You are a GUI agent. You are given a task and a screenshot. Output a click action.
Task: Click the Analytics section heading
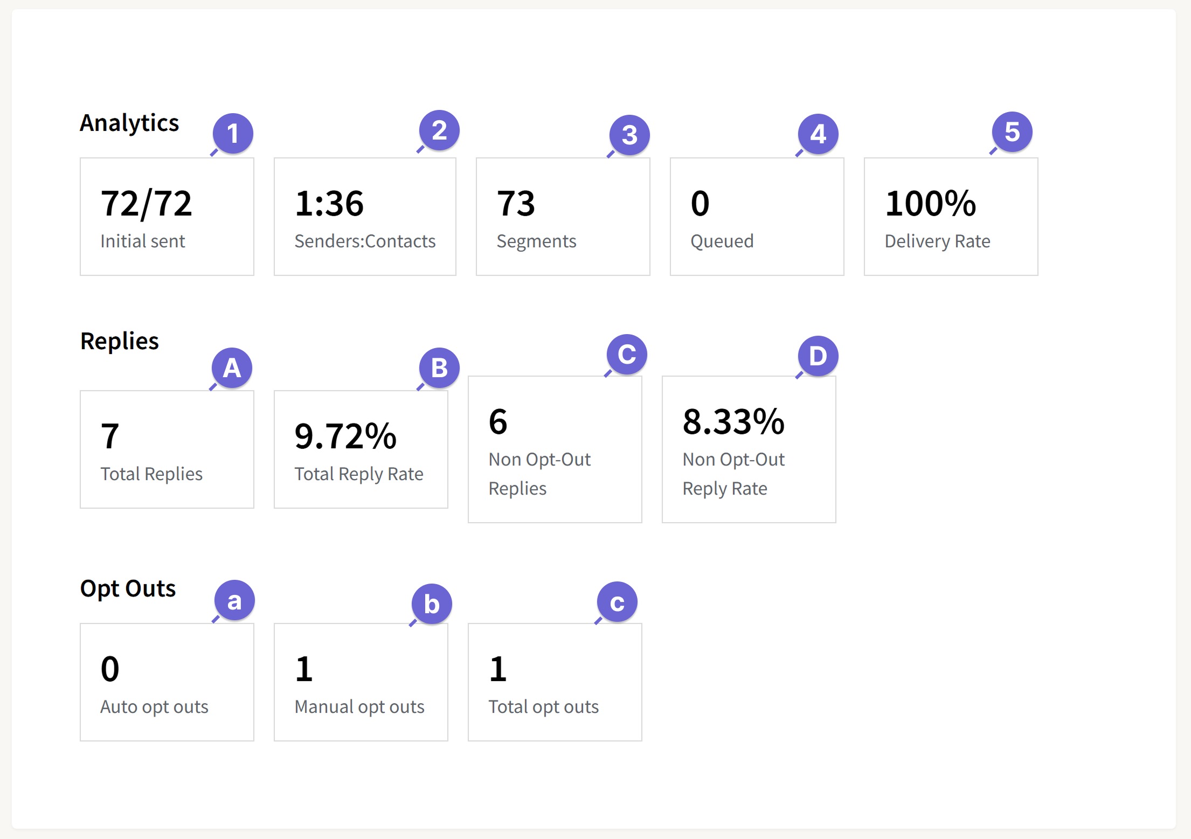[x=129, y=123]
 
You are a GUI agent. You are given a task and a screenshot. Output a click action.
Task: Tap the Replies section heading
[x=120, y=341]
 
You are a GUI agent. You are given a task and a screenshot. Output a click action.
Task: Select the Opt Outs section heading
[x=128, y=588]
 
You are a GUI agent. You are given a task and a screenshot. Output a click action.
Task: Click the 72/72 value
[x=146, y=204]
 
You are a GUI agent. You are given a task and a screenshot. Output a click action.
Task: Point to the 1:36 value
[x=329, y=204]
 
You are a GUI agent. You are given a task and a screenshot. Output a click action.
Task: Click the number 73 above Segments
[x=516, y=204]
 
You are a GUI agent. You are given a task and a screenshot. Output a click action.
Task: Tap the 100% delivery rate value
[x=930, y=204]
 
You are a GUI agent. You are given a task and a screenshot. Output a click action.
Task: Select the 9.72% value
[x=345, y=436]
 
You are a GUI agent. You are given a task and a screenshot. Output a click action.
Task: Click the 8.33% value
[x=733, y=422]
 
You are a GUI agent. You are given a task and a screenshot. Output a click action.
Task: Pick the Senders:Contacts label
[x=365, y=241]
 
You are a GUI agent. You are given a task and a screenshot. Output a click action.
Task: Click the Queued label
[x=722, y=241]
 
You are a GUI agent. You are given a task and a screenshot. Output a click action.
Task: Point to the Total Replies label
[x=151, y=474]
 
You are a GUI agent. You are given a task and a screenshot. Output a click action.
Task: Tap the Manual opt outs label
[x=359, y=707]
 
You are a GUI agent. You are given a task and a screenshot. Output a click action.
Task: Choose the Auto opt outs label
[x=154, y=707]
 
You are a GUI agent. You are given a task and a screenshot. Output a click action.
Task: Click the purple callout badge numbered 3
[x=629, y=135]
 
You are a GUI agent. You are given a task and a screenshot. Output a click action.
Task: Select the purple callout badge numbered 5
[x=1012, y=132]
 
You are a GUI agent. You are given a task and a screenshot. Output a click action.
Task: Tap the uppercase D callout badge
[x=818, y=356]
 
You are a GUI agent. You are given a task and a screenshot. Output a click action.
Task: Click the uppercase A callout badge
[x=232, y=368]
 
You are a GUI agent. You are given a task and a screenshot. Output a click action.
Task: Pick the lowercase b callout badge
[x=432, y=604]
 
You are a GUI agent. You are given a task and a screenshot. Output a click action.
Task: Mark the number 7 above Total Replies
[x=110, y=436]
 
